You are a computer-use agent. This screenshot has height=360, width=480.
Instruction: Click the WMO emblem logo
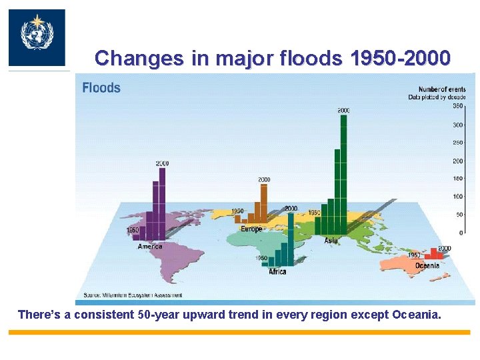[x=36, y=37]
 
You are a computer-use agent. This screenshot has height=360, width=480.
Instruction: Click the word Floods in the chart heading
[x=101, y=87]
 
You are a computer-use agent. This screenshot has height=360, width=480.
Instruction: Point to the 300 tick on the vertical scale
[x=458, y=125]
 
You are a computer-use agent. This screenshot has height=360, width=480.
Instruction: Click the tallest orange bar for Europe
[x=263, y=203]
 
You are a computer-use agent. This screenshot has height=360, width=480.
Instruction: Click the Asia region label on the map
[x=331, y=240]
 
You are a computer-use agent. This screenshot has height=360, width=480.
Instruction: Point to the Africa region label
[x=277, y=271]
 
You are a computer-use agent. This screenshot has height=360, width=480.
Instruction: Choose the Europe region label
[x=251, y=229]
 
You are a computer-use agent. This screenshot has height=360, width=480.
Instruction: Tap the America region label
[x=150, y=247]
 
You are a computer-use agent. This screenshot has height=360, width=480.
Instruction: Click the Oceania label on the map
[x=427, y=265]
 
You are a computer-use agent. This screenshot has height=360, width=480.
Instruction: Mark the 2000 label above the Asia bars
[x=343, y=110]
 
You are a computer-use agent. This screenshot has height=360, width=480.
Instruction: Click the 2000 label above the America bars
[x=162, y=163]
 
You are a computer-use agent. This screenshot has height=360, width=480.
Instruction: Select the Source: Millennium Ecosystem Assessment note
[x=133, y=295]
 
